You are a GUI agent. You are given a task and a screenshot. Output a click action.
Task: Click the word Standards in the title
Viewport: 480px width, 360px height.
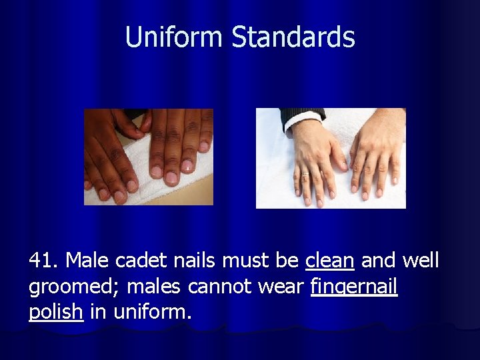(x=293, y=37)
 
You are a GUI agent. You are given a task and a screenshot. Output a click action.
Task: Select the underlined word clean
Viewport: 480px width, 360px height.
(x=329, y=261)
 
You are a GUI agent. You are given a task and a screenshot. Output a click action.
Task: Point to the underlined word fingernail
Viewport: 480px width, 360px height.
(x=354, y=287)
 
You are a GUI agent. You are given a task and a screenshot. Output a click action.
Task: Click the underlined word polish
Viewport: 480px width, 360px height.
(x=56, y=312)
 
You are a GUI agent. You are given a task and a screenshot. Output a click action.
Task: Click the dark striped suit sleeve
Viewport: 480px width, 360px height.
(x=299, y=114)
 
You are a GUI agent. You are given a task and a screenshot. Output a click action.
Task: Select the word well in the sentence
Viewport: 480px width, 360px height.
(x=421, y=261)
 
